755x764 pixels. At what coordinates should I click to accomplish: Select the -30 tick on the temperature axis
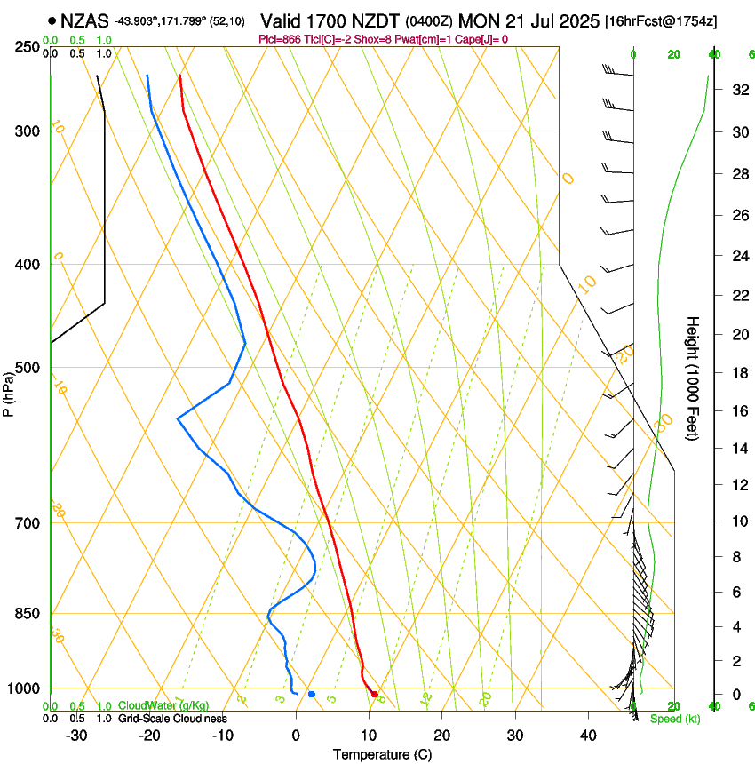(x=76, y=736)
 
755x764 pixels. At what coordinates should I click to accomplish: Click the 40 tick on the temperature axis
(x=587, y=736)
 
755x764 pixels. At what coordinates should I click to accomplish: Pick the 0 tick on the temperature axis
(x=296, y=736)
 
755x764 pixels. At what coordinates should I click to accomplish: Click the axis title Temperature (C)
(x=382, y=754)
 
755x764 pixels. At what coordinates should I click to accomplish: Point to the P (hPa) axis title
(x=8, y=391)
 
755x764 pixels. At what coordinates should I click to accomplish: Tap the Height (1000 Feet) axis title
(x=693, y=378)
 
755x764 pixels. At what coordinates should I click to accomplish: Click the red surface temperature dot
(x=374, y=694)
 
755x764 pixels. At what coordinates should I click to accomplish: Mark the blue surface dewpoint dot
(x=311, y=694)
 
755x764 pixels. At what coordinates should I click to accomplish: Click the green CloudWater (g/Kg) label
(x=163, y=706)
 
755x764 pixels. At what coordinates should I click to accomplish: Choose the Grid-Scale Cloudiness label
(x=172, y=719)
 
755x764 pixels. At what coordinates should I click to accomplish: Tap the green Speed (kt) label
(x=674, y=719)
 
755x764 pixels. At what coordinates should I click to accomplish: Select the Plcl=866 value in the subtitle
(x=281, y=39)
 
